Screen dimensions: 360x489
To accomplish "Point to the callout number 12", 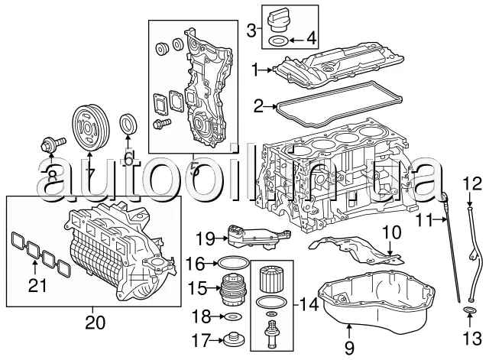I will tap(472, 183).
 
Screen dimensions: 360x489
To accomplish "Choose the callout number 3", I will tap(252, 31).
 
